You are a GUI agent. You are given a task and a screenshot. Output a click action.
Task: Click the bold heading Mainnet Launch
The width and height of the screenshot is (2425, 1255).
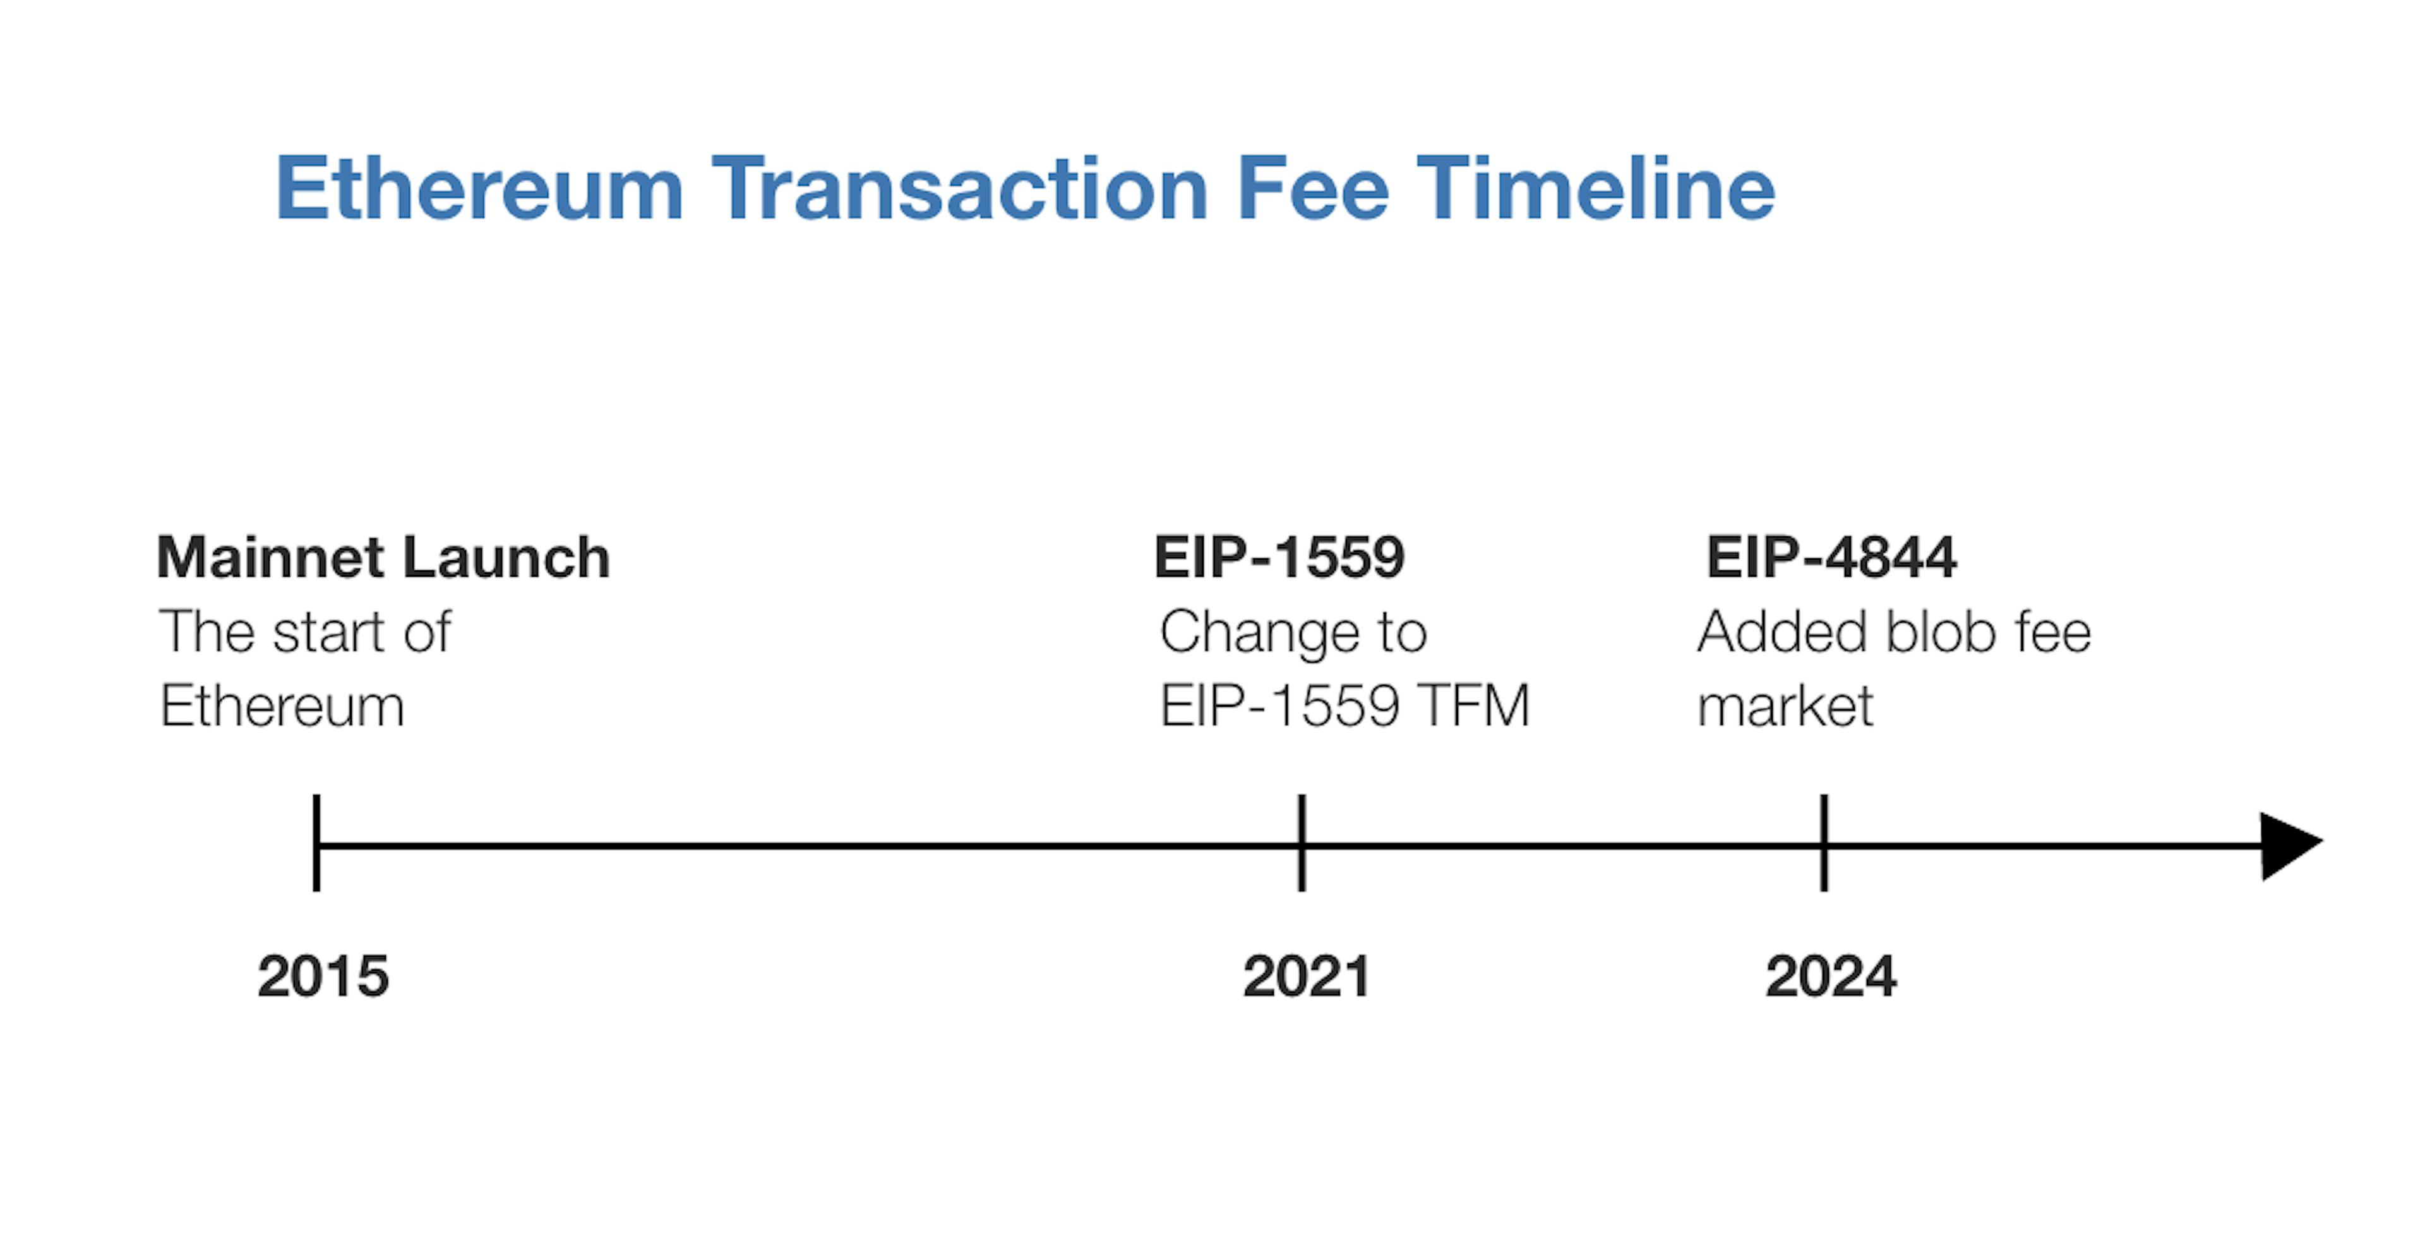point(384,557)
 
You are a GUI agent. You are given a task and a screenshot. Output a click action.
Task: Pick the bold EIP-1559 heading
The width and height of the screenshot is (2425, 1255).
point(1279,557)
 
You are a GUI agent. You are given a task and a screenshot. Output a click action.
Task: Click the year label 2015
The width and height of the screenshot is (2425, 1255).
point(323,976)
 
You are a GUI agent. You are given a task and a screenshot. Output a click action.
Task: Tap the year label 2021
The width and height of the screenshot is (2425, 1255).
point(1307,976)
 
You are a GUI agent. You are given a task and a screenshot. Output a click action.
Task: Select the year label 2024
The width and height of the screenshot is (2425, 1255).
point(1831,976)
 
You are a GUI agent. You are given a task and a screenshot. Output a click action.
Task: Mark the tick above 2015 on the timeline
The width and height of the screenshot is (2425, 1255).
point(316,843)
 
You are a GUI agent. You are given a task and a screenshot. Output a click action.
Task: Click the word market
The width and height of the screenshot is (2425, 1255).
point(1785,706)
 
